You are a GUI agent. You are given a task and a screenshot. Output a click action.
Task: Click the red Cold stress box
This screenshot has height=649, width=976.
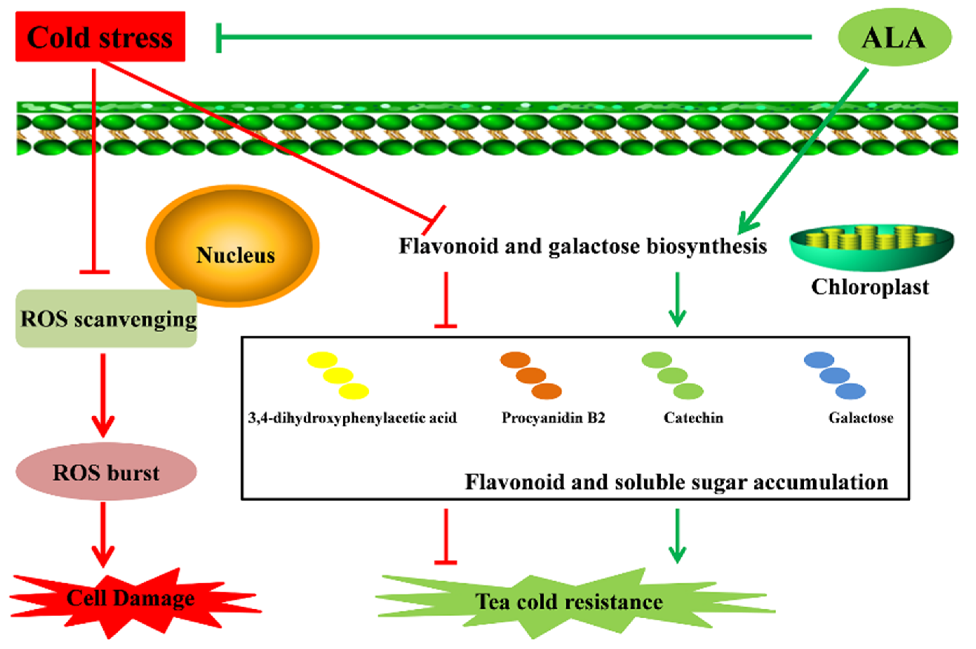coord(100,37)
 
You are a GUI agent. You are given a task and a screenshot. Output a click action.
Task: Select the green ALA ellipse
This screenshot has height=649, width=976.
coord(894,37)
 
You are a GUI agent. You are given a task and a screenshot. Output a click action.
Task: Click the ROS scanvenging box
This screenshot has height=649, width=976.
coord(106,318)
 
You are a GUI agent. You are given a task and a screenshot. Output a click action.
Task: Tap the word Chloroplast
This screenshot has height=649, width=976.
coord(870,287)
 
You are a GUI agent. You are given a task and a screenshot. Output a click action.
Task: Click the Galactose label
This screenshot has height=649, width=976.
coord(861,418)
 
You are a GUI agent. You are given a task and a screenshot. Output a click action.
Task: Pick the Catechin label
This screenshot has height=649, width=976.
coord(693,418)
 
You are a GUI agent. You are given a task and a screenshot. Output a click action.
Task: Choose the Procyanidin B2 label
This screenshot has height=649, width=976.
coord(553,418)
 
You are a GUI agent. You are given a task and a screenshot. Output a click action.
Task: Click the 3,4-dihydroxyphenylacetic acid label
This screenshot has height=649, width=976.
coord(352,418)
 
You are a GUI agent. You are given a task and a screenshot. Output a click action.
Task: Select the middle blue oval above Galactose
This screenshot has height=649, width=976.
coord(835,375)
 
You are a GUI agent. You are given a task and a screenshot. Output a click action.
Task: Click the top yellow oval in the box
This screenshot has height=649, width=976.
coord(322,360)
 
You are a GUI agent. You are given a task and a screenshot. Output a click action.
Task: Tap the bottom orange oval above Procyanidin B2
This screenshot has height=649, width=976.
coord(546,391)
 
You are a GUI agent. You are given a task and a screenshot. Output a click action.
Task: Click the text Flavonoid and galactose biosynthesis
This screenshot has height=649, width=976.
coord(582,246)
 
